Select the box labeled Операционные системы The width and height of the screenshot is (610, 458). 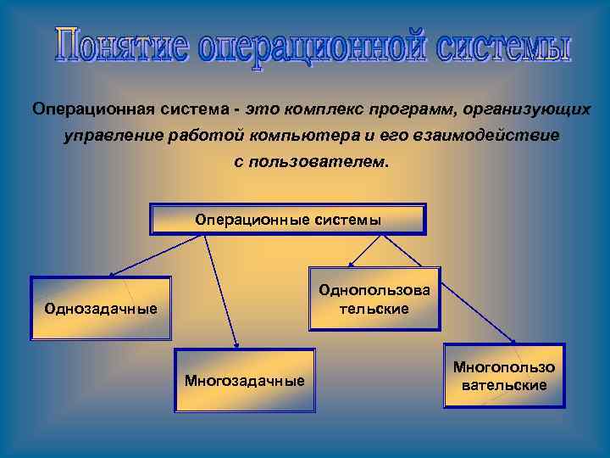tap(288, 219)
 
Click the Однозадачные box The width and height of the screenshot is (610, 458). tap(100, 308)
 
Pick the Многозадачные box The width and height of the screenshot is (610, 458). tap(244, 380)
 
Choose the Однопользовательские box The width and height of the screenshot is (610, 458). tap(374, 299)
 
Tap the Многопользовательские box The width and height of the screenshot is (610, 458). tap(503, 376)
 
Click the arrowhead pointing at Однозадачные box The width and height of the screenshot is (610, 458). tap(111, 275)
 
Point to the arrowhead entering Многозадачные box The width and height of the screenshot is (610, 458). tap(236, 345)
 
